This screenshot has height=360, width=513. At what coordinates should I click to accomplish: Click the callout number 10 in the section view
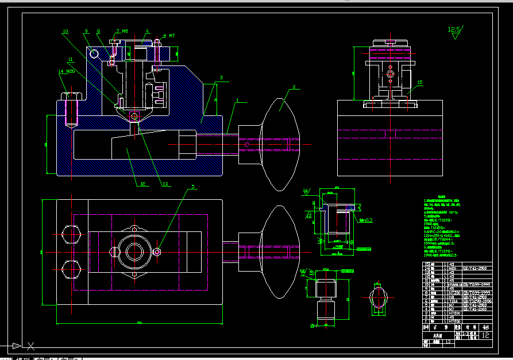click(x=65, y=32)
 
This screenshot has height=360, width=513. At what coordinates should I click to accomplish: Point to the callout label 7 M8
click(x=122, y=32)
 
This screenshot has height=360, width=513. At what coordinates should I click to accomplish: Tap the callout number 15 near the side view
click(x=419, y=83)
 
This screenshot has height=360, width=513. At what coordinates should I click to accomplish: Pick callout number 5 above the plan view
click(x=193, y=187)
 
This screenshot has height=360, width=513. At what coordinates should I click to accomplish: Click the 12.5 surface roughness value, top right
click(x=454, y=28)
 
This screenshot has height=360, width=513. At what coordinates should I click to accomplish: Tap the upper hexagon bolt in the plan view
click(x=72, y=234)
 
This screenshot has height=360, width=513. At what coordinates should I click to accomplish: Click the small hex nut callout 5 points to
click(x=157, y=251)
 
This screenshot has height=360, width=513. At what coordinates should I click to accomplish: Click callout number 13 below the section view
click(x=165, y=184)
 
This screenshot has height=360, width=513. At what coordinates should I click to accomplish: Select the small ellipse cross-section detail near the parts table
click(x=377, y=299)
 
